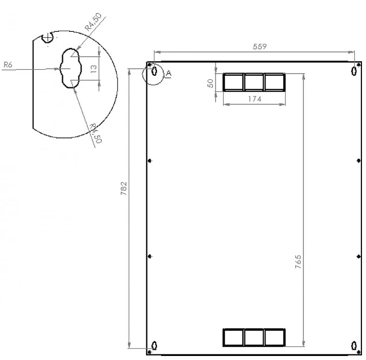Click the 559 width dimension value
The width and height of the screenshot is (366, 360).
point(259,46)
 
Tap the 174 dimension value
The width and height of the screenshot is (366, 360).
point(254,100)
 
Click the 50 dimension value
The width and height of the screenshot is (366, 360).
point(210,83)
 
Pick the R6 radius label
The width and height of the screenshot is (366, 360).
point(7,65)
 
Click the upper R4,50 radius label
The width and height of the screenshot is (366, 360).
point(93,23)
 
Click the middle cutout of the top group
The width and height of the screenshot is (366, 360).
point(254,82)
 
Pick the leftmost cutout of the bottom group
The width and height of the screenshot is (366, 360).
point(233,337)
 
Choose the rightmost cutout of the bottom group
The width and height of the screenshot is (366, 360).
point(274,337)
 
